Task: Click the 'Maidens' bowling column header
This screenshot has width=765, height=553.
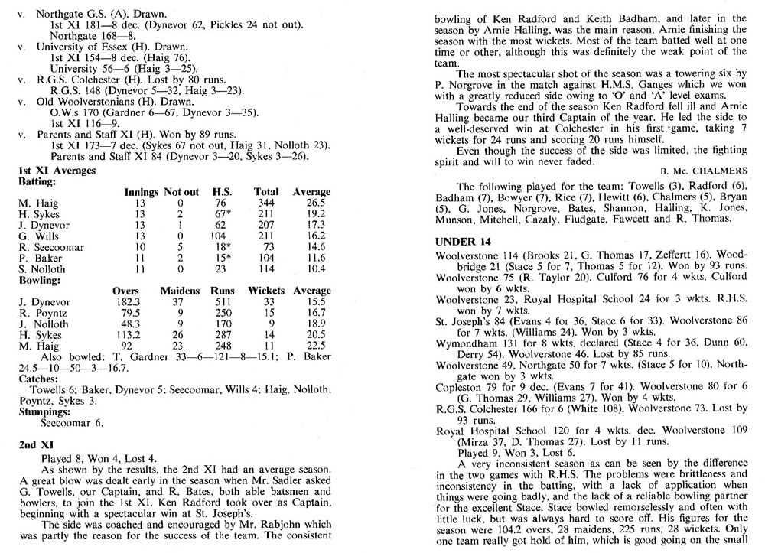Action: tap(180, 291)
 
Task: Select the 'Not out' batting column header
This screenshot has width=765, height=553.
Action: tap(181, 191)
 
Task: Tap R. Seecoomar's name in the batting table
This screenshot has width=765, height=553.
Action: tap(47, 249)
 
